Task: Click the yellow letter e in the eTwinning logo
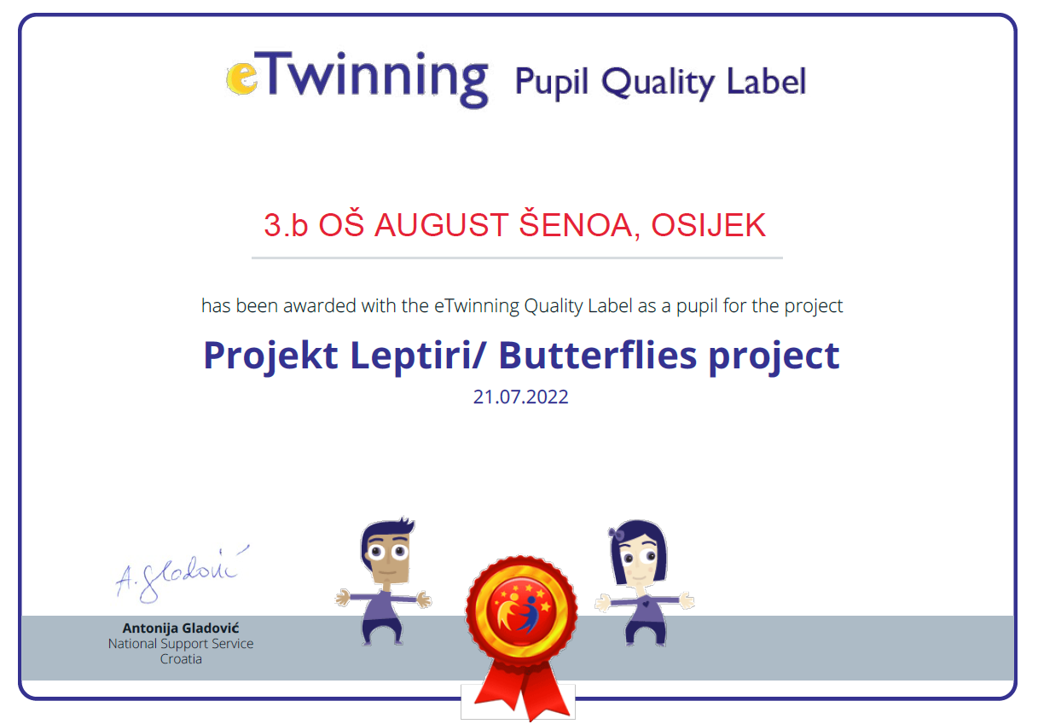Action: coord(241,78)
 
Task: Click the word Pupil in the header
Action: coord(552,83)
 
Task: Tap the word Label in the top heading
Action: coord(767,81)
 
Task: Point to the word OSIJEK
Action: coord(709,226)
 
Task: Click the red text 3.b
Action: coord(286,226)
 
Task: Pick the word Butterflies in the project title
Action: coord(597,356)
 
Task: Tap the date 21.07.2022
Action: coord(520,397)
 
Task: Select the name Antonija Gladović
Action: coord(181,628)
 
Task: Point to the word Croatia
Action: coord(181,659)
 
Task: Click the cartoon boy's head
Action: coord(387,551)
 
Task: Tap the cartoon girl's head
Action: coord(639,553)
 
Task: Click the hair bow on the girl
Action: coord(617,534)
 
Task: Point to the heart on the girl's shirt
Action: coord(646,604)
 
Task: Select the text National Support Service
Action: coord(181,644)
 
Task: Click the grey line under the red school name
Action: coord(517,258)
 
